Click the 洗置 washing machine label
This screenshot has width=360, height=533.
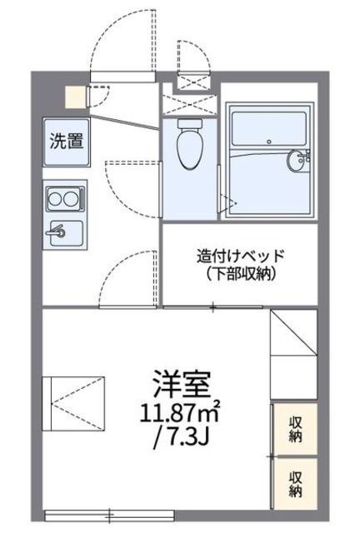(66, 141)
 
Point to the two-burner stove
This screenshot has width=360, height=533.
(64, 199)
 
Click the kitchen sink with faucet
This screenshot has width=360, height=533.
(64, 231)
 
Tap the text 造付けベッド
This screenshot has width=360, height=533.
(241, 255)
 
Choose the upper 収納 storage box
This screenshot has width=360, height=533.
(295, 429)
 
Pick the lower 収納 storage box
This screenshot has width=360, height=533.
(295, 482)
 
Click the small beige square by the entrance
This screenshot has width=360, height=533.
(76, 95)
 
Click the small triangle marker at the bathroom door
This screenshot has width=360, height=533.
(223, 199)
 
